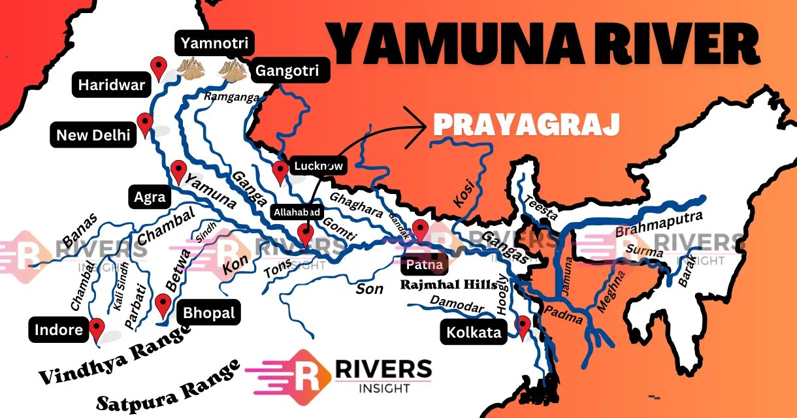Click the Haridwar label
[112, 86]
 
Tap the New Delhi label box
[93, 135]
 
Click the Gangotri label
[288, 71]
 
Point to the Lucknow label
[319, 166]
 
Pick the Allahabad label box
[297, 213]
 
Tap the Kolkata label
[474, 332]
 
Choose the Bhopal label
[209, 313]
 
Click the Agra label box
[149, 197]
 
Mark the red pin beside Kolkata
[523, 325]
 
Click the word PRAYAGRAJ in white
[525, 124]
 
